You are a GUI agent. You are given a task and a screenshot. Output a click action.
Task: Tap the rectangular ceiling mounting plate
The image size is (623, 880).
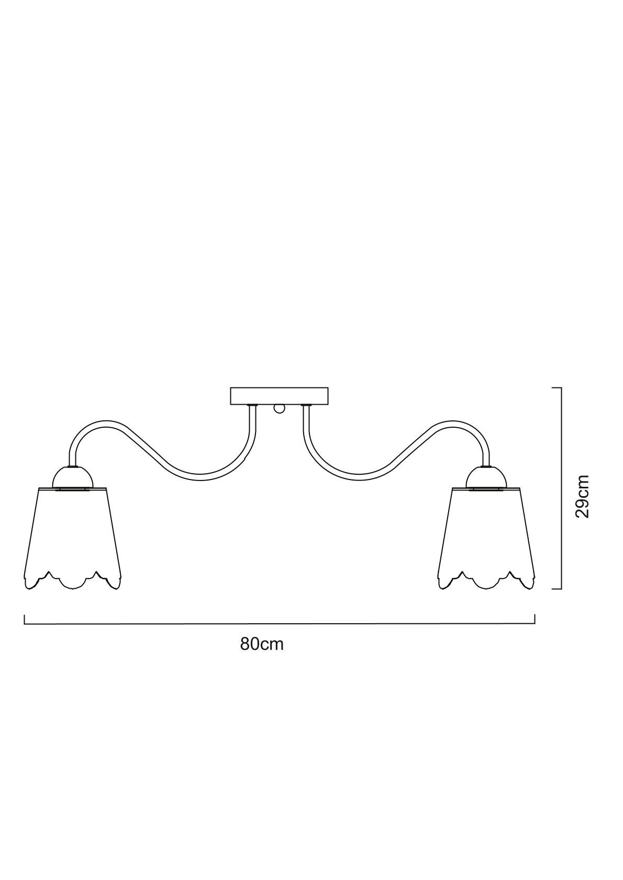click(x=279, y=396)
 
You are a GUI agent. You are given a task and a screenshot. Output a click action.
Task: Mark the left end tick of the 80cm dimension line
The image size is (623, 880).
click(x=25, y=619)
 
